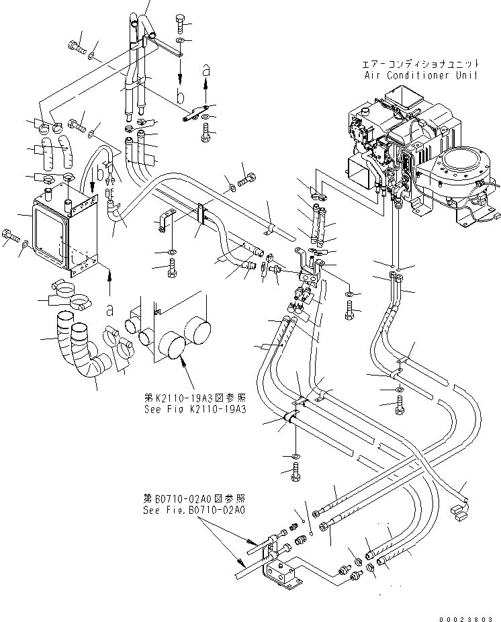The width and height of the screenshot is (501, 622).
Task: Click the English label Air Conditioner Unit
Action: click(x=421, y=75)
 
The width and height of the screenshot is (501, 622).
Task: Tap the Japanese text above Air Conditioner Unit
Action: click(x=421, y=64)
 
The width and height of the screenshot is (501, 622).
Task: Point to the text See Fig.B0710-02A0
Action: click(x=194, y=510)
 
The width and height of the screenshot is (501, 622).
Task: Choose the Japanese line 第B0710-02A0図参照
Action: click(x=194, y=499)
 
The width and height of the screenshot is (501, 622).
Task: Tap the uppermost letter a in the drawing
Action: click(x=206, y=69)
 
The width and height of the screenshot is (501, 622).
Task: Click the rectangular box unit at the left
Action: click(x=64, y=228)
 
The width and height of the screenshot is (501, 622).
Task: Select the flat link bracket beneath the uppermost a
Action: click(x=197, y=113)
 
